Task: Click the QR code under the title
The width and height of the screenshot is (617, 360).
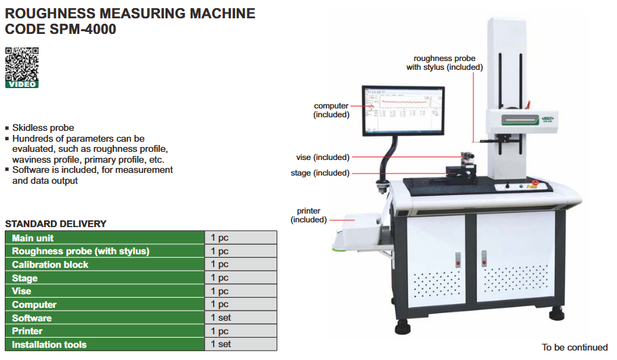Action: (x=22, y=63)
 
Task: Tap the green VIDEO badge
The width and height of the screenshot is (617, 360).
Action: (x=22, y=84)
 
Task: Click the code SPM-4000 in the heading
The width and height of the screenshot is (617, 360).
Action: (x=80, y=29)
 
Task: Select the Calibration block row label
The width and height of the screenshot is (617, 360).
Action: (x=50, y=264)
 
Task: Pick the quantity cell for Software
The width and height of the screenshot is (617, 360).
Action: (x=240, y=318)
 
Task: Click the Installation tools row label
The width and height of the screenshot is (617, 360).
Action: (x=49, y=344)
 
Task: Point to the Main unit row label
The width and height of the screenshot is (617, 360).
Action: (x=33, y=238)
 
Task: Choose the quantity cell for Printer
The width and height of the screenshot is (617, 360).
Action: (x=240, y=332)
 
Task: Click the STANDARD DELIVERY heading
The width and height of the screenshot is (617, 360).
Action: (x=56, y=224)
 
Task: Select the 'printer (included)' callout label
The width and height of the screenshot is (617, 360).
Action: (x=308, y=216)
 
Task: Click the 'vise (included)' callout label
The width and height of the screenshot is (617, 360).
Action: (x=323, y=157)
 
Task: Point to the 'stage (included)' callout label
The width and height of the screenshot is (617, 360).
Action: (x=320, y=173)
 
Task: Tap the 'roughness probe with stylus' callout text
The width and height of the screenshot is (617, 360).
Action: (x=444, y=63)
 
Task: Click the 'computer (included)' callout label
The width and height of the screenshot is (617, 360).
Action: (x=331, y=110)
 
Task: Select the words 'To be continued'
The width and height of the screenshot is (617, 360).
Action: (x=574, y=347)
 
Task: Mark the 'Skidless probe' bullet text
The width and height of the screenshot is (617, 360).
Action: (x=43, y=127)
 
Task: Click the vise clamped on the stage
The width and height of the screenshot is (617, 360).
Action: (x=469, y=163)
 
